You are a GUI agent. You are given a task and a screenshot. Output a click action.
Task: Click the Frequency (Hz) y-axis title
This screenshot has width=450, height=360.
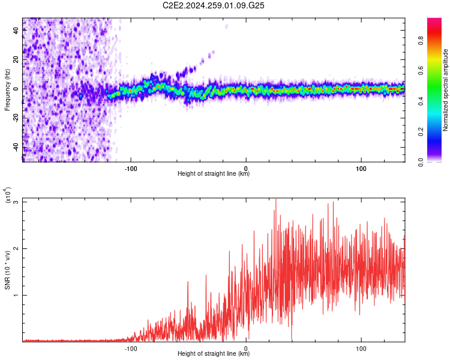7,89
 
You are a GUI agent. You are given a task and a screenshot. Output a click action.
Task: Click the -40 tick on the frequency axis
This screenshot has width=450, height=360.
16,148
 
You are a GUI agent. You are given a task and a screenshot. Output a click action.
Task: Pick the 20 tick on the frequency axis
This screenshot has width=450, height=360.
16,59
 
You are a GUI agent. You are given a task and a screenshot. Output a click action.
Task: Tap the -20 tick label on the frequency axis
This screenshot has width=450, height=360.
16,118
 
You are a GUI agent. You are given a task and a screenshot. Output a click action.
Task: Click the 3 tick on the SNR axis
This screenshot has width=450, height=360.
16,202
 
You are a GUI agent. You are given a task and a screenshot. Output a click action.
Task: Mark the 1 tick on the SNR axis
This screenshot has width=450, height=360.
16,295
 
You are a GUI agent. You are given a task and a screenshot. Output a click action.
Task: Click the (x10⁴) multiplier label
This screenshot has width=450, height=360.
8,196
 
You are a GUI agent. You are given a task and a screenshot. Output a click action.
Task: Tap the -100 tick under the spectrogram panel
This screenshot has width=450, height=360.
131,167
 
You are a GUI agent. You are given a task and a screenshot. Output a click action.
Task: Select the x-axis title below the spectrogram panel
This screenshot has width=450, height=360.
214,174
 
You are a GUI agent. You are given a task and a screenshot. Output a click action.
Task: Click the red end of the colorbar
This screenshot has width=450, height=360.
434,22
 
